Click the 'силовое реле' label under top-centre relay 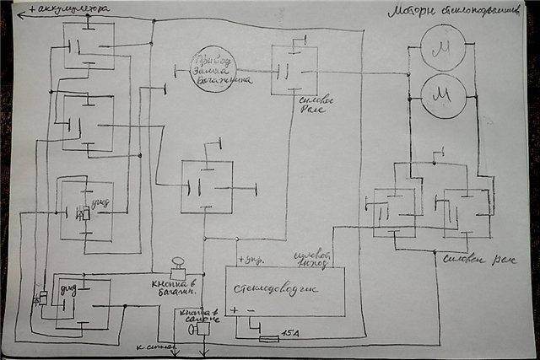[x=294, y=107]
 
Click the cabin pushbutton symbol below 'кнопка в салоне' [x=200, y=330]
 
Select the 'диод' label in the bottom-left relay [x=68, y=291]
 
